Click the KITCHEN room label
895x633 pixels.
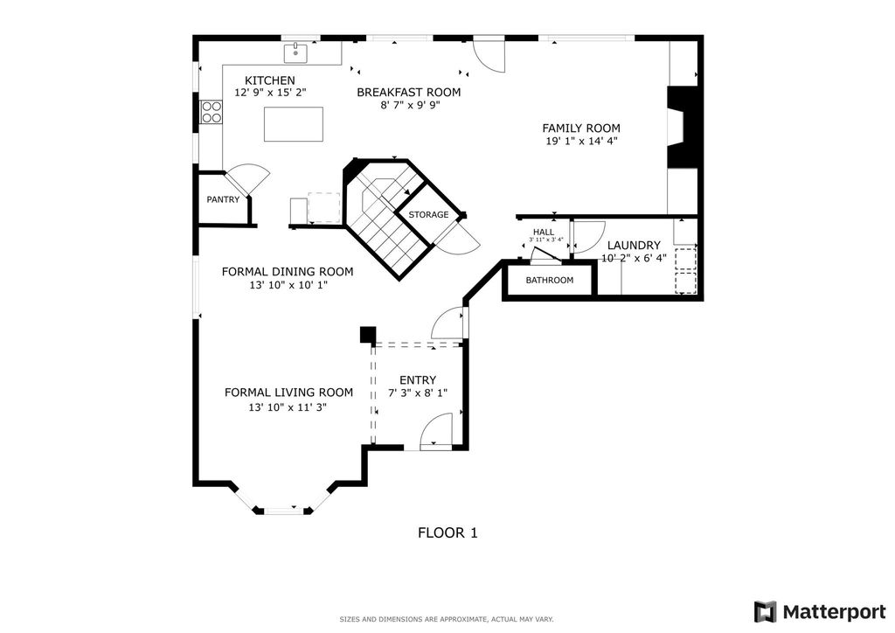tap(269, 80)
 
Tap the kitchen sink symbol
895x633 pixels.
tap(299, 52)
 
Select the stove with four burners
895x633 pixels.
tap(212, 112)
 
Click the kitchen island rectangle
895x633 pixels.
tap(294, 124)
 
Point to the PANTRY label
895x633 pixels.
tap(223, 199)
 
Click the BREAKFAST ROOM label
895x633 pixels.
tap(409, 92)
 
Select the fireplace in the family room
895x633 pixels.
tap(683, 127)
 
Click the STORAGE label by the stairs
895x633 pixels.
tap(428, 214)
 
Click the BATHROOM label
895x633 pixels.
tap(549, 280)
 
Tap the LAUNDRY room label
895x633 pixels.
tap(634, 246)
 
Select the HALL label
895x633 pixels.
tap(543, 232)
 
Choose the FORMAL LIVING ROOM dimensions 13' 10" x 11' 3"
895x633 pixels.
tap(287, 407)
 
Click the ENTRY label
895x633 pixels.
tap(417, 379)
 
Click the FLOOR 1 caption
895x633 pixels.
tap(447, 532)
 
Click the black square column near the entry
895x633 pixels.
tap(368, 335)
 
